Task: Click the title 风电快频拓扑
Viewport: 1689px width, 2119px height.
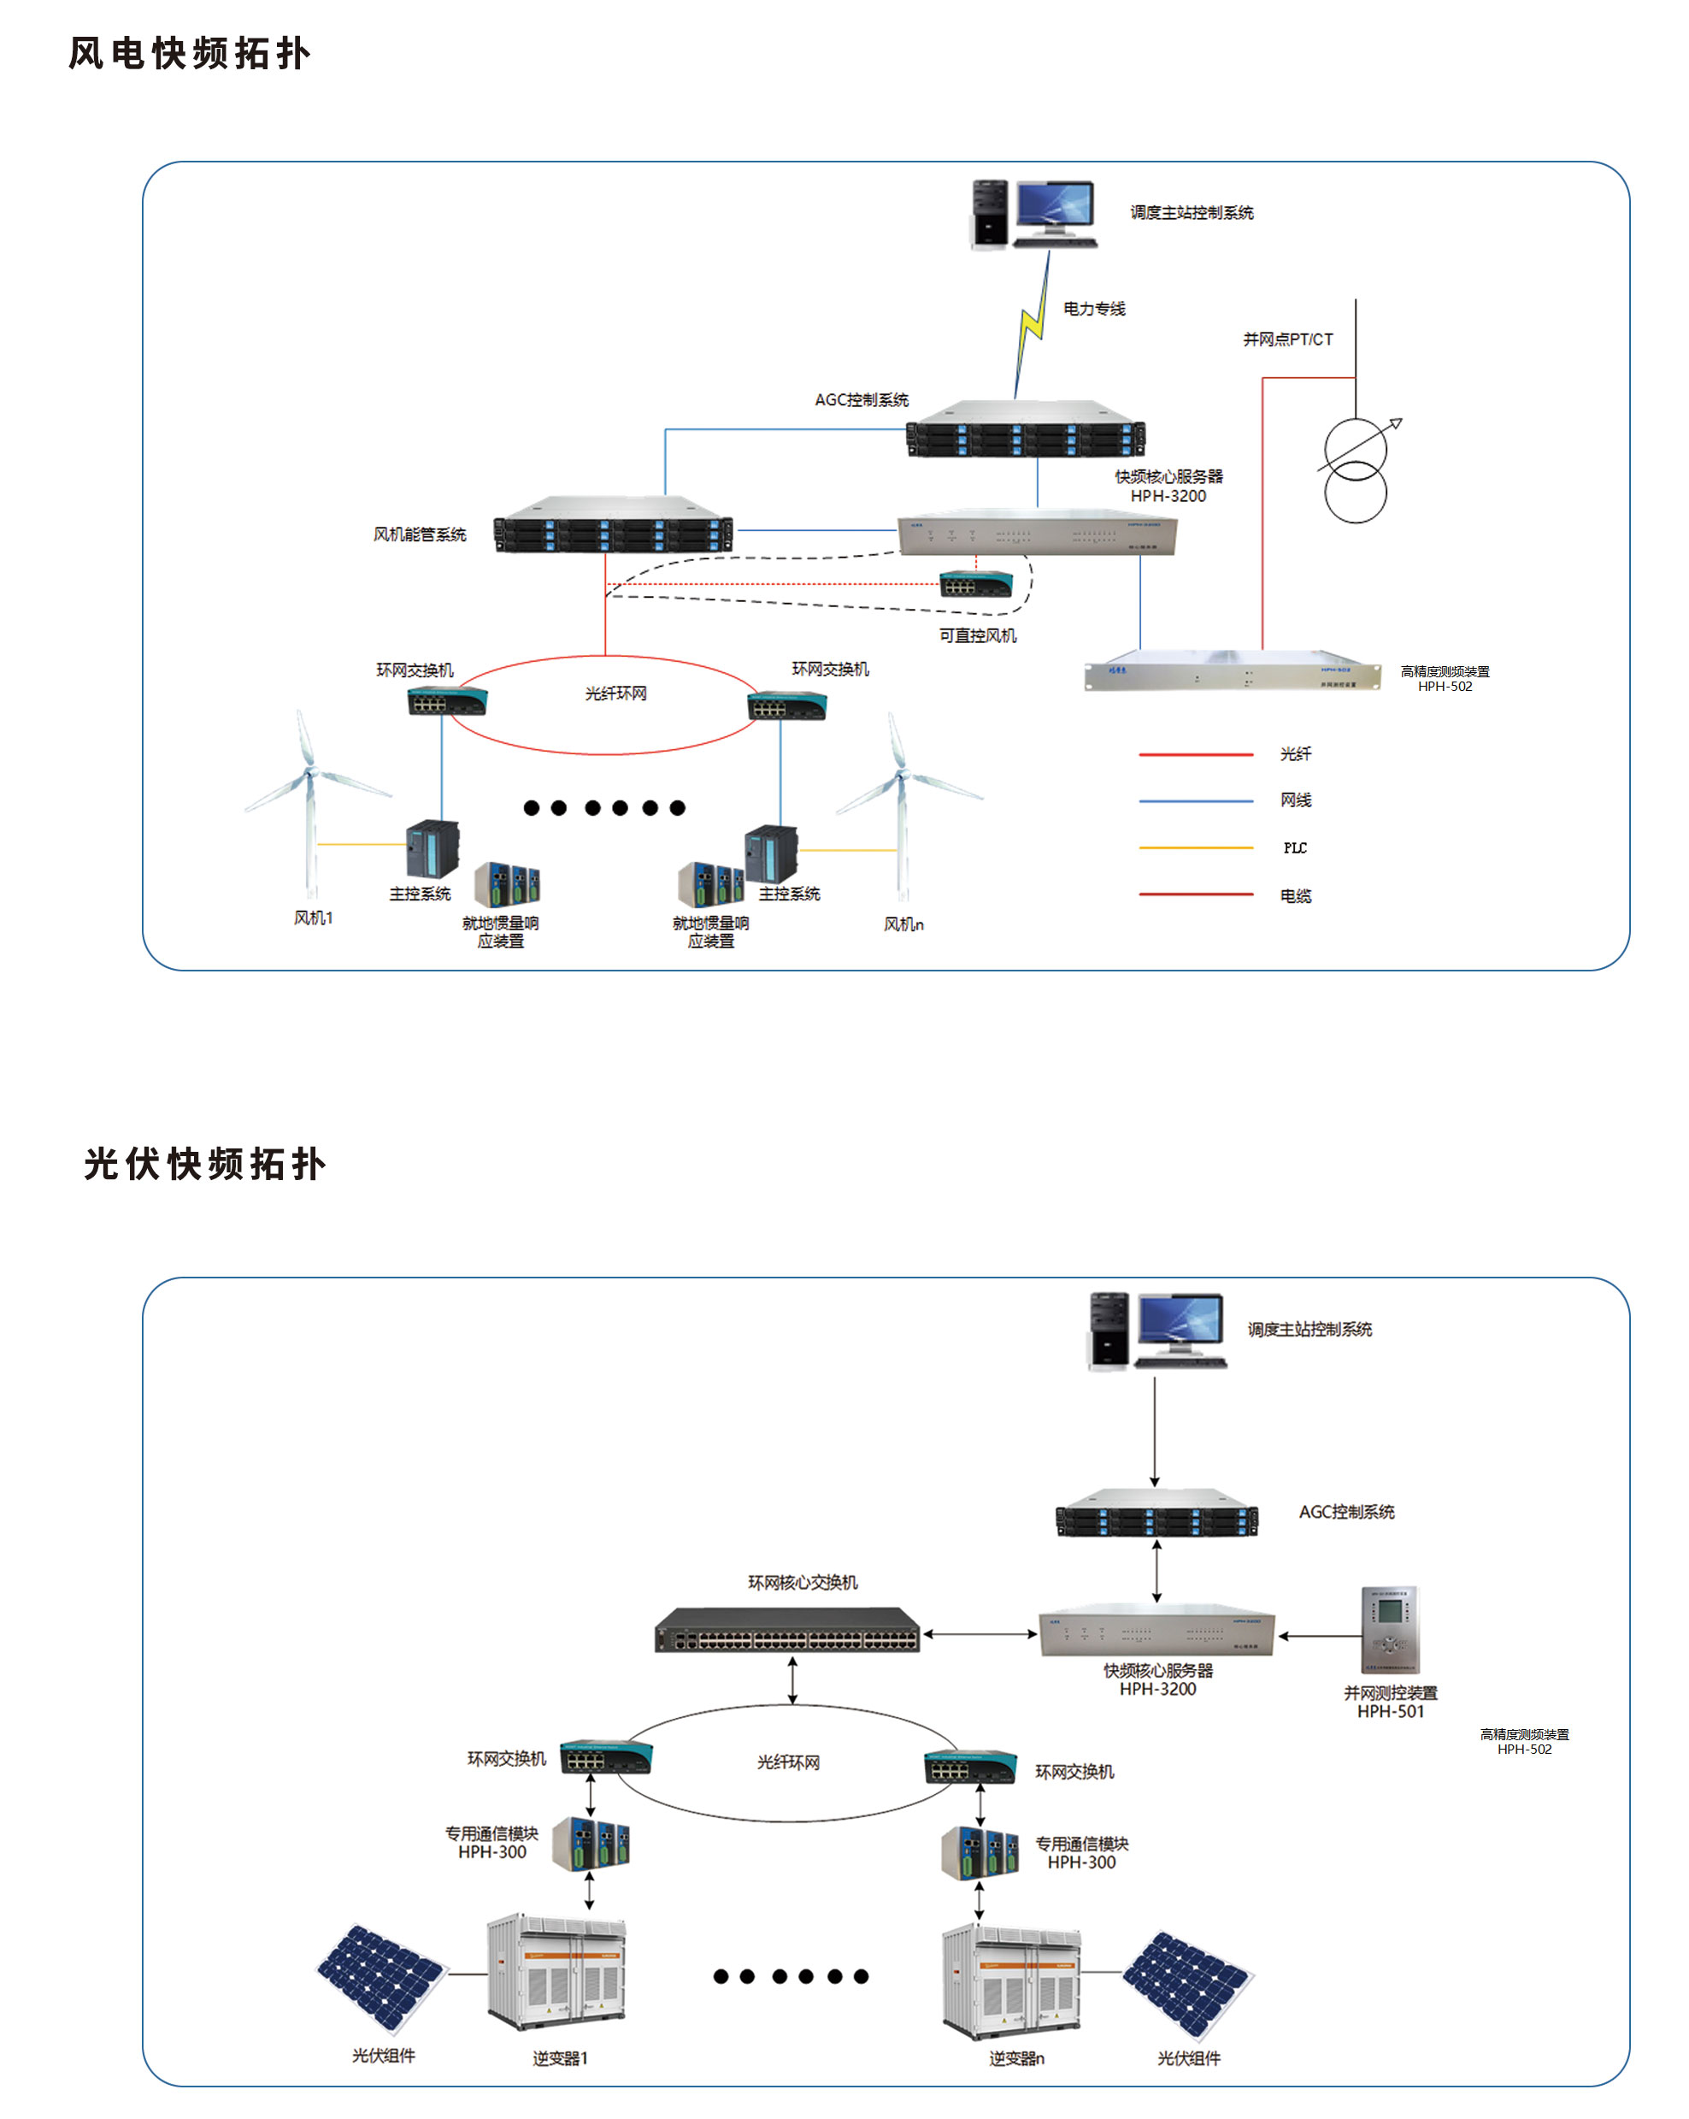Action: tap(190, 54)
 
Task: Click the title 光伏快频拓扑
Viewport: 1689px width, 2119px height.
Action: tap(204, 1164)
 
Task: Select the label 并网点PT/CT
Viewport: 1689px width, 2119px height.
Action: tap(1287, 339)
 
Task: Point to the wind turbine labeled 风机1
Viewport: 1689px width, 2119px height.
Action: tap(309, 796)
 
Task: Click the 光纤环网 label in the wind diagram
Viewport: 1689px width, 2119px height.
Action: tap(615, 694)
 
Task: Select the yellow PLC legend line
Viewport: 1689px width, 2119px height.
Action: tap(1195, 847)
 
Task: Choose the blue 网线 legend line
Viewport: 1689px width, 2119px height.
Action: tap(1195, 801)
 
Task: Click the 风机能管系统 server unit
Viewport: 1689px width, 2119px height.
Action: tap(613, 525)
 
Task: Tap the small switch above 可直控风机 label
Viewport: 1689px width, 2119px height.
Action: tap(975, 585)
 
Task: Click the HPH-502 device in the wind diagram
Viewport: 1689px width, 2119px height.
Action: tap(1232, 671)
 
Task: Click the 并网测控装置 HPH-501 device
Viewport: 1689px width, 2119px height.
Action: tap(1389, 1630)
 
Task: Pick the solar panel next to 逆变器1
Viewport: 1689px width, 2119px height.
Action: tap(381, 1977)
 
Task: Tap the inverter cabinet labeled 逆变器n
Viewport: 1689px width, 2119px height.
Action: tap(1010, 1980)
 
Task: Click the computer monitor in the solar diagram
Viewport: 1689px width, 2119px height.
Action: tap(1180, 1323)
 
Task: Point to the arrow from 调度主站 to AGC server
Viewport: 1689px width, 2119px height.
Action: tap(1155, 1431)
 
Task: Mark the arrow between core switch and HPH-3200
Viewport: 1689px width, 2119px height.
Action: tap(980, 1634)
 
